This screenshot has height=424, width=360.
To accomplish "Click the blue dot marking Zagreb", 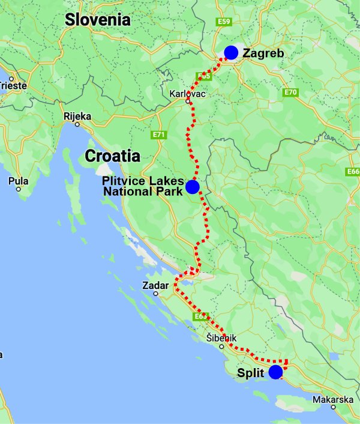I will (230, 52).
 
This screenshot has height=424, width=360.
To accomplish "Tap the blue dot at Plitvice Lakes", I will (192, 187).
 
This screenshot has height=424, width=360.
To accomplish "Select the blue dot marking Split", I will (275, 372).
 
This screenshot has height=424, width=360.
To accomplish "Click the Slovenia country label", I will (98, 19).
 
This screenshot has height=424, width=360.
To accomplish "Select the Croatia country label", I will (112, 156).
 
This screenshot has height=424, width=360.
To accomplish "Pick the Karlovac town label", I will (188, 94).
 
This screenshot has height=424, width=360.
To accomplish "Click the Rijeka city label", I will (77, 116).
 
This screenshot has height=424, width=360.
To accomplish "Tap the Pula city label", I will (19, 180).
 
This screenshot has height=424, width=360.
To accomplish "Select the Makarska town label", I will (333, 400).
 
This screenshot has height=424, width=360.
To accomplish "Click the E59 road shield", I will (224, 22).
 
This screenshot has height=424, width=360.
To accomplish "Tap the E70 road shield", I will (291, 92).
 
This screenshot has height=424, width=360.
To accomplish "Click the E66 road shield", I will (353, 172).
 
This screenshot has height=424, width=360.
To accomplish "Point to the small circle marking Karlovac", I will (188, 101).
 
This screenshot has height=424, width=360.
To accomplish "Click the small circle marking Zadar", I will (155, 294).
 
